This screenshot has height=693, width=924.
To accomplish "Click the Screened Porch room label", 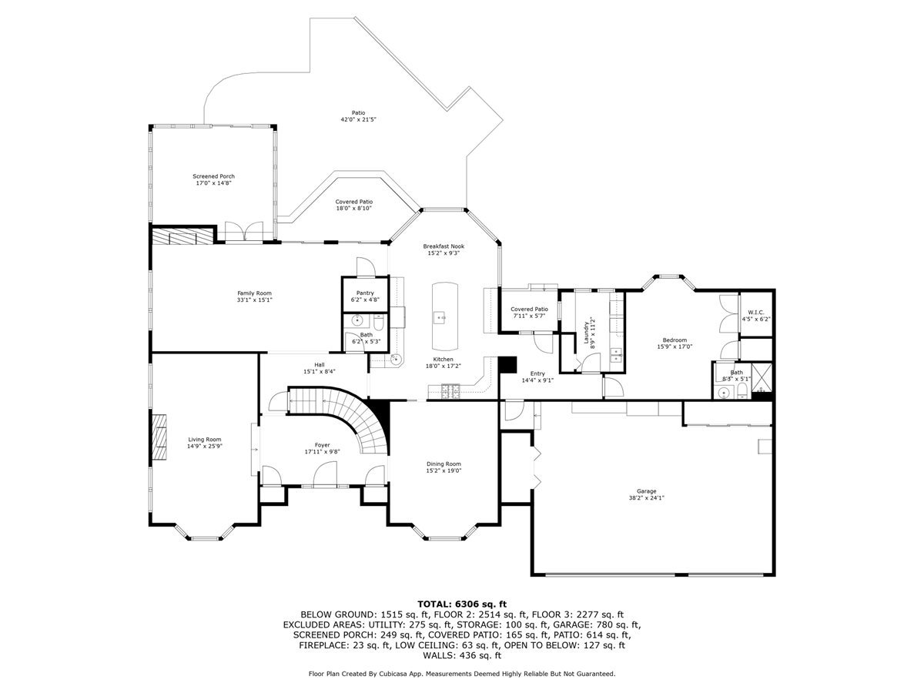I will click(x=213, y=179).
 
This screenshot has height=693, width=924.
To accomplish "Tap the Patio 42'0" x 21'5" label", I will click(x=358, y=116).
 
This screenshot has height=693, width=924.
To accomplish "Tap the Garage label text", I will click(x=646, y=494).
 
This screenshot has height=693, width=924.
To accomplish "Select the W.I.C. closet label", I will click(x=755, y=316).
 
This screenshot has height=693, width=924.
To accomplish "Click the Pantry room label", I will click(x=365, y=296).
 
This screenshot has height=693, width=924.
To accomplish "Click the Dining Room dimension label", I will click(x=444, y=470).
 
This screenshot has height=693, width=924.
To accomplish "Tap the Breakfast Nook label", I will click(x=444, y=249).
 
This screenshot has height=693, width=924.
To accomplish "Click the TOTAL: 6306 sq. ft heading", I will click(x=462, y=604).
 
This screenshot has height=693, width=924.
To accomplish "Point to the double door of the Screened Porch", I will click(x=245, y=233).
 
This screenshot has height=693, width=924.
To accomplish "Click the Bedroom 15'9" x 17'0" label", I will click(x=675, y=343).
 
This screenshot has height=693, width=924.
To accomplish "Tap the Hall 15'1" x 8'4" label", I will click(x=319, y=368).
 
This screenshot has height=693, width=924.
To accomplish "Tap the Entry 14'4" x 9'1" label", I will click(x=537, y=377).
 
